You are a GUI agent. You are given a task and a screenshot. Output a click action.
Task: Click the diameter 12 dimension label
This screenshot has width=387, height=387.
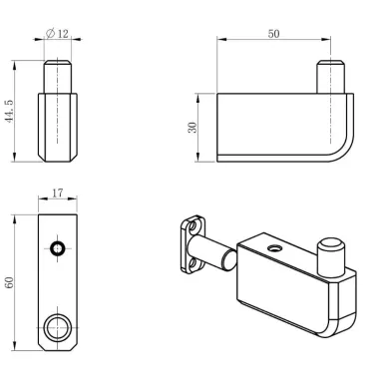57,34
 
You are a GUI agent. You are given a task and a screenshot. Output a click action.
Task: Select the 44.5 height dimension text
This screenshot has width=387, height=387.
9,111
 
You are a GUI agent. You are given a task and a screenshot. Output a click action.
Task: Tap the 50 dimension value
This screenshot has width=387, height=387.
273,34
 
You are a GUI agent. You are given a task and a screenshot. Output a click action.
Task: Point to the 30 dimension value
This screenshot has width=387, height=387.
193,128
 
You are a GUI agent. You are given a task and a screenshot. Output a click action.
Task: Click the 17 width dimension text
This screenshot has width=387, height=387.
57,193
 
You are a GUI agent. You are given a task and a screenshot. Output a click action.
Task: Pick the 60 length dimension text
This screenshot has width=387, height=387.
9,282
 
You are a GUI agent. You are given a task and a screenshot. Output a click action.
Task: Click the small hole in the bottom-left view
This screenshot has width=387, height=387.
58,248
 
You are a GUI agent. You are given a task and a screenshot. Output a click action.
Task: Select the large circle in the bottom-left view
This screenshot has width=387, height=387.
58,328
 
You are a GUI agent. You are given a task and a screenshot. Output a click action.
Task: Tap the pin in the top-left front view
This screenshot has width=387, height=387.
58,77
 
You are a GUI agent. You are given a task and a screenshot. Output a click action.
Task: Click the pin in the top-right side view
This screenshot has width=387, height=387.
330,77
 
